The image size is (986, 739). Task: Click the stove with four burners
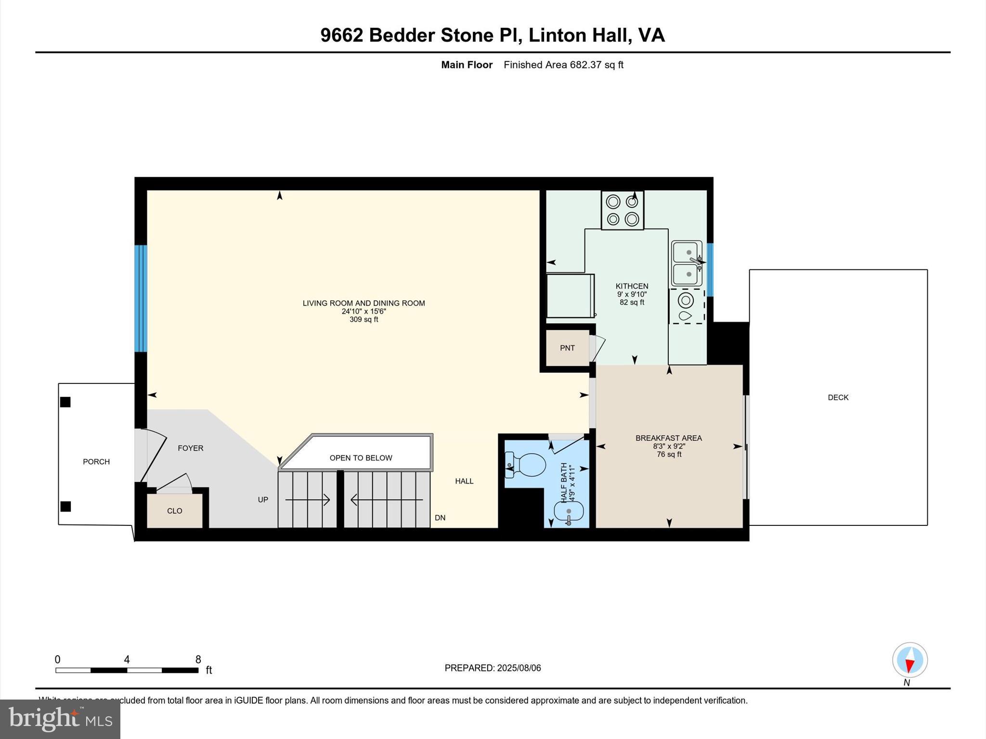[x=622, y=210]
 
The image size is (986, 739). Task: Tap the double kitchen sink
[x=687, y=263]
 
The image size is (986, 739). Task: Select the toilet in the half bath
[x=527, y=465]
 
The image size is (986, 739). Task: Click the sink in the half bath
[x=569, y=511]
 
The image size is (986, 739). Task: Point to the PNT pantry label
[x=567, y=348]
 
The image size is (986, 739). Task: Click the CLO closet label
[x=174, y=511]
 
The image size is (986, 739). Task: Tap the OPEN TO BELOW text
[x=361, y=458]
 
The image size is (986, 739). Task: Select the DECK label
[x=838, y=397]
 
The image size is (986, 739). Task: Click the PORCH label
[x=96, y=462]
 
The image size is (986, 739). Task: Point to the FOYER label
[x=190, y=448]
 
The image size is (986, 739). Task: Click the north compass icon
[x=909, y=660]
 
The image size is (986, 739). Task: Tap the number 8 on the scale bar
[x=198, y=660]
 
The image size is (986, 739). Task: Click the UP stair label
[x=263, y=500]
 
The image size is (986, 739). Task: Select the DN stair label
[x=440, y=518]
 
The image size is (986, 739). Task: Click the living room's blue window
[x=140, y=298]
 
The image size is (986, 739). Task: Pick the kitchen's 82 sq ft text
[x=632, y=303]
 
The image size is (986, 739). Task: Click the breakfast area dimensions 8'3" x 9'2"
[x=669, y=446]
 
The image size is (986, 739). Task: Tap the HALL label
[x=464, y=481]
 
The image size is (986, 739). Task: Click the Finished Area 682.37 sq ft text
[x=563, y=65]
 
